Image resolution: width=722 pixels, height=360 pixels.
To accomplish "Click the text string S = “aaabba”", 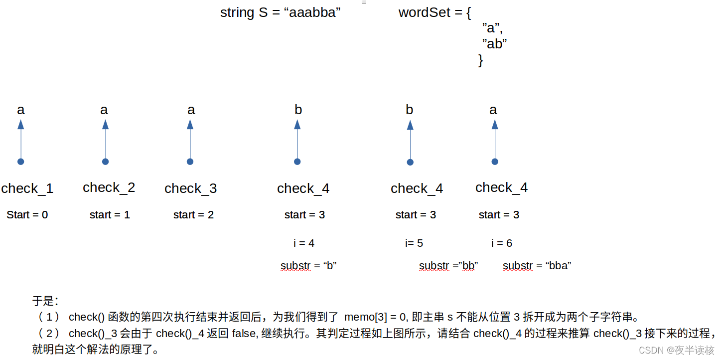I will [280, 13].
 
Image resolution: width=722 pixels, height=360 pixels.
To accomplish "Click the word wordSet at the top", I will [425, 13].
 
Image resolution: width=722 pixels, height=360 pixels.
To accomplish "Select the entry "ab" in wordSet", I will [494, 44].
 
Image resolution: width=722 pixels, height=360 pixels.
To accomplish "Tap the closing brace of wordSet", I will [480, 60].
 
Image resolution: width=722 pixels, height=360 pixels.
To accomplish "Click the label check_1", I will [27, 188].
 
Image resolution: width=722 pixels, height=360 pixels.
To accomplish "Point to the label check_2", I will [109, 187].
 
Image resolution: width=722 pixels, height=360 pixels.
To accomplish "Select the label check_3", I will [190, 188].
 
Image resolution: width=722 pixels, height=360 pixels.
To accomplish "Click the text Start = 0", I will [27, 215].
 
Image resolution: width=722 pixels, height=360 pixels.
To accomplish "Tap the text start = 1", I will [110, 215].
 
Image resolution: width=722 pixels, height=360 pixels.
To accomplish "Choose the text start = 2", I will [193, 215].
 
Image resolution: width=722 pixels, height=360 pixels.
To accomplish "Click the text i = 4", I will [304, 243].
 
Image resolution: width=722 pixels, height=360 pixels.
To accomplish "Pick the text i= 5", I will [414, 243].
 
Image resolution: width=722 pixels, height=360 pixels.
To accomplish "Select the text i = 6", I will [502, 243].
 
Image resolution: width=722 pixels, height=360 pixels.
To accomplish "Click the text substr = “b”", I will [308, 266].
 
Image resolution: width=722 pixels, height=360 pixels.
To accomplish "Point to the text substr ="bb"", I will [448, 266].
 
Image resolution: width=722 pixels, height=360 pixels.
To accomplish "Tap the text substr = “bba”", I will [537, 266].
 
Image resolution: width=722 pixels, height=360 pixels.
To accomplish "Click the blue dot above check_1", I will [20, 162].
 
